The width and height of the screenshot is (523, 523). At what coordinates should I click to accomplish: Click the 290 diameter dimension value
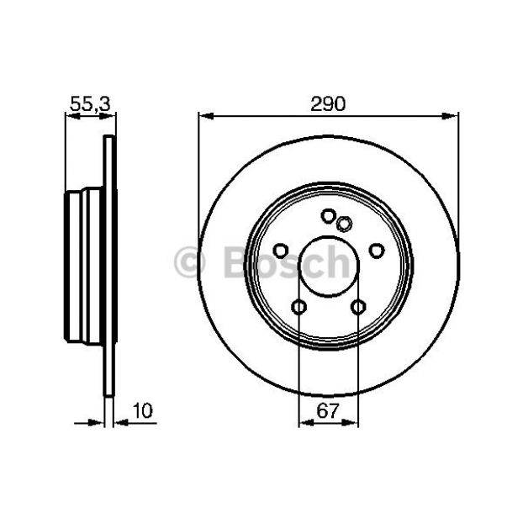tap(328, 103)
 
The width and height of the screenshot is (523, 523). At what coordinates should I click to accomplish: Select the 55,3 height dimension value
tap(90, 103)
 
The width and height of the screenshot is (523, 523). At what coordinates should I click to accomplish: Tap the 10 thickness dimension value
tap(142, 410)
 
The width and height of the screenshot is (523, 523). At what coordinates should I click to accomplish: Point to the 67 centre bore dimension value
tap(328, 410)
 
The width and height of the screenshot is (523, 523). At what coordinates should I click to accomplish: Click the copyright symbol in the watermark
tap(189, 261)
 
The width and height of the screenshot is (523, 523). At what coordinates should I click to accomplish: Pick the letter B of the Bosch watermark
tap(236, 261)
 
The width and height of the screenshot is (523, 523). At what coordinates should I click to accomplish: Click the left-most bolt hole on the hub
tap(281, 251)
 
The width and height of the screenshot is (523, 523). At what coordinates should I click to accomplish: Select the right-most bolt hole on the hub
tap(377, 251)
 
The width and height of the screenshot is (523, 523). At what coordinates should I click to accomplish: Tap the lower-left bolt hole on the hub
tap(298, 307)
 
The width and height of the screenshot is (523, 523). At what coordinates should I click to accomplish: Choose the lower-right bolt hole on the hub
tap(358, 307)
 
